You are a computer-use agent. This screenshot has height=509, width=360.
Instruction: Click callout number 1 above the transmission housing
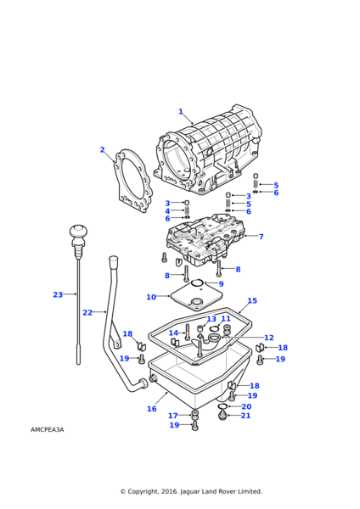(180, 111)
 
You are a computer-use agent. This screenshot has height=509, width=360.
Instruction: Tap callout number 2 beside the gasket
(102, 150)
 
